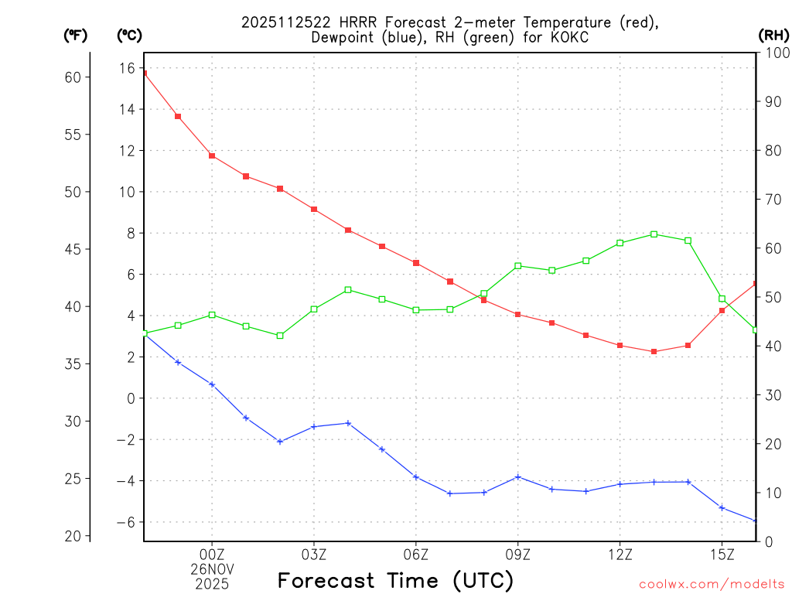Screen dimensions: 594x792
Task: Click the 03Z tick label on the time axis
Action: tap(314, 554)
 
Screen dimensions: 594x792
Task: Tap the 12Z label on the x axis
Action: tap(620, 554)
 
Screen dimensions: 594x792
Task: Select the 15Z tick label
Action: tap(722, 554)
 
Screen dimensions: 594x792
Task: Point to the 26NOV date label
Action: tap(212, 569)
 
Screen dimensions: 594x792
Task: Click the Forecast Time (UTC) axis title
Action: tap(395, 580)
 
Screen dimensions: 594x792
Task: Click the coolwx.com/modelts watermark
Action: tap(712, 584)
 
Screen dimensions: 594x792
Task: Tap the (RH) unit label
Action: tap(773, 35)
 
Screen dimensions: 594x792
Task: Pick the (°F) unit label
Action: tap(76, 35)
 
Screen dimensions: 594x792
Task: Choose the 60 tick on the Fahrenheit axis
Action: tap(73, 77)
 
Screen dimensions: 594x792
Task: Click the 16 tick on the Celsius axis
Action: tap(126, 68)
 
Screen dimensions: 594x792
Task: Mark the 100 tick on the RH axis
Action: tap(776, 53)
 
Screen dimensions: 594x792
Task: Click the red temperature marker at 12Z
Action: tap(620, 345)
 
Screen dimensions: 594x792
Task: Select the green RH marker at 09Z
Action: tap(518, 265)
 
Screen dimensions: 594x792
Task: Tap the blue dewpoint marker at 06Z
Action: tap(416, 476)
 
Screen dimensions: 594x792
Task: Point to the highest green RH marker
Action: tap(654, 234)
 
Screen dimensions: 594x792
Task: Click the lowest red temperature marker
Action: tap(654, 351)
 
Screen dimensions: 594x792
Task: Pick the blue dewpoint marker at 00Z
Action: tap(212, 384)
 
